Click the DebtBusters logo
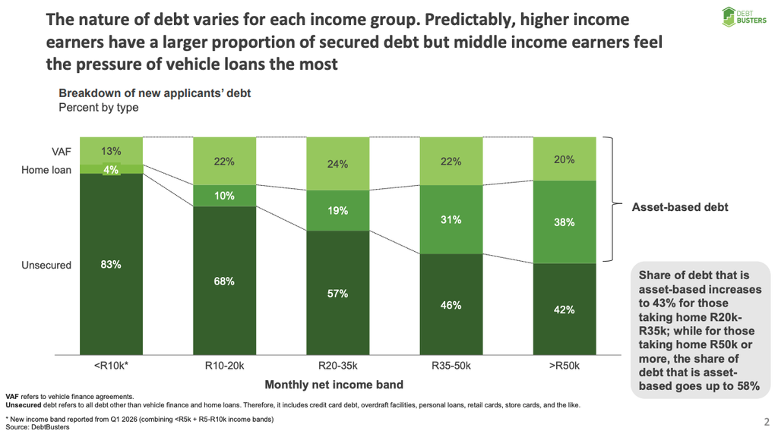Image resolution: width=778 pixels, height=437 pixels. pyautogui.click(x=744, y=17)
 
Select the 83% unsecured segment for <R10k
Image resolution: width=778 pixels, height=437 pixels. pyautogui.click(x=111, y=264)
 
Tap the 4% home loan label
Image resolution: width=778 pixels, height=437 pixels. pyautogui.click(x=111, y=170)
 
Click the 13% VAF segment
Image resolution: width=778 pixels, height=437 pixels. pyautogui.click(x=111, y=151)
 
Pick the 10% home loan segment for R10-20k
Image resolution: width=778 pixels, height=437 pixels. pyautogui.click(x=224, y=196)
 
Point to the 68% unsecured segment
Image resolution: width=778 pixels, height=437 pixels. pyautogui.click(x=224, y=281)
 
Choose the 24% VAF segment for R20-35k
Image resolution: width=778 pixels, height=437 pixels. pyautogui.click(x=338, y=164)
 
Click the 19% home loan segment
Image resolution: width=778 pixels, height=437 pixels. pyautogui.click(x=338, y=211)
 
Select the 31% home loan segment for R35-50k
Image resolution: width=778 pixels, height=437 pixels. pyautogui.click(x=451, y=219)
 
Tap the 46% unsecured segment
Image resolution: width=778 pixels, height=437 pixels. pyautogui.click(x=451, y=304)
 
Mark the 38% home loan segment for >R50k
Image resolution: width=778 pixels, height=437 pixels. pyautogui.click(x=565, y=222)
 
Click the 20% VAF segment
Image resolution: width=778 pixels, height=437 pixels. pyautogui.click(x=565, y=159)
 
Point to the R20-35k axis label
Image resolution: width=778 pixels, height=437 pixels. pyautogui.click(x=338, y=366)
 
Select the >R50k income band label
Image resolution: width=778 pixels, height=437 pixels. pyautogui.click(x=565, y=366)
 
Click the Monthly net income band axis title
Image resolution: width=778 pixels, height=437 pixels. pyautogui.click(x=334, y=385)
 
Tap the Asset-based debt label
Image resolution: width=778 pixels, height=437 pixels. pyautogui.click(x=680, y=207)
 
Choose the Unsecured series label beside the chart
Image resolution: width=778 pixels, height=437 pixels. pyautogui.click(x=46, y=265)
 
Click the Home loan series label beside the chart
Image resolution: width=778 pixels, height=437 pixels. pyautogui.click(x=46, y=170)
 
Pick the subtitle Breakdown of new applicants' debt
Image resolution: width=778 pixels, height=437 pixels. pyautogui.click(x=155, y=93)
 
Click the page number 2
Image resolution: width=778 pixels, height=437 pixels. pyautogui.click(x=767, y=422)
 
